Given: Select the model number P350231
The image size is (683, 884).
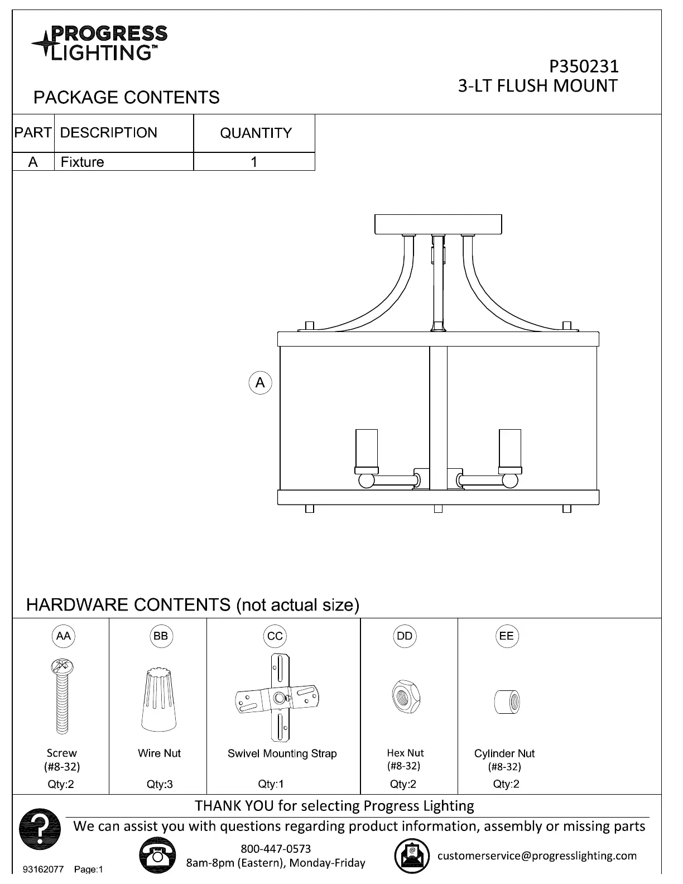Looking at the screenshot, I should (x=584, y=66).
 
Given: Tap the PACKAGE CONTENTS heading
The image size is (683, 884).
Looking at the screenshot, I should (x=127, y=98).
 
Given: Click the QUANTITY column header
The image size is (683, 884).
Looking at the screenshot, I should (x=256, y=133).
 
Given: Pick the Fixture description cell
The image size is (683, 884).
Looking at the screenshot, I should (x=82, y=162).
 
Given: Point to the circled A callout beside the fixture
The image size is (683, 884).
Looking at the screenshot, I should (x=260, y=383).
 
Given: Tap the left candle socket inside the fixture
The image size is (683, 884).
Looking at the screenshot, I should (x=367, y=450).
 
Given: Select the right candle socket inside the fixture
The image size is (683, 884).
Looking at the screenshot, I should (x=510, y=450).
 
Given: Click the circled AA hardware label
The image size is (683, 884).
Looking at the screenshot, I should (x=64, y=636).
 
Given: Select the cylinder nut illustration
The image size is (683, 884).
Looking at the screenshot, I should (x=507, y=702).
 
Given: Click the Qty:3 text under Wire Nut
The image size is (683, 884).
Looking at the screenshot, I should (x=160, y=784).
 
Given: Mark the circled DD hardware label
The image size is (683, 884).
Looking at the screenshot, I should (x=405, y=636).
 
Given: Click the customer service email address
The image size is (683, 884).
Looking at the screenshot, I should (x=537, y=856).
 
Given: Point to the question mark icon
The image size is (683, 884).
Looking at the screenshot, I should (x=40, y=829).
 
